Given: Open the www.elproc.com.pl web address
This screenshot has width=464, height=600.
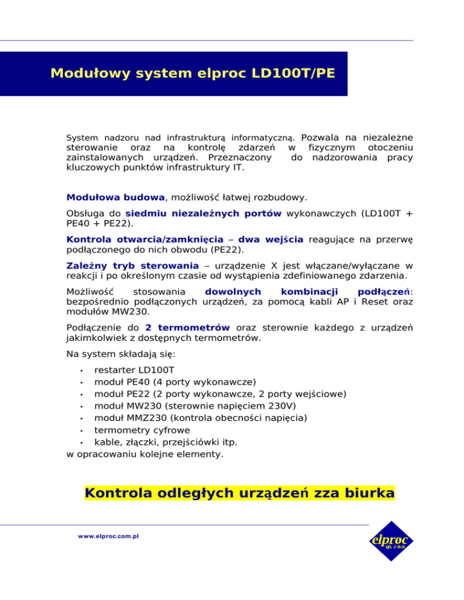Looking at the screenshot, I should (x=106, y=536).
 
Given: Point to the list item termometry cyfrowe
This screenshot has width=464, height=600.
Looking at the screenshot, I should (x=142, y=430).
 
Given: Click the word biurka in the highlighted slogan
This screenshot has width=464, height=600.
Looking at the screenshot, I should (x=362, y=494).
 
